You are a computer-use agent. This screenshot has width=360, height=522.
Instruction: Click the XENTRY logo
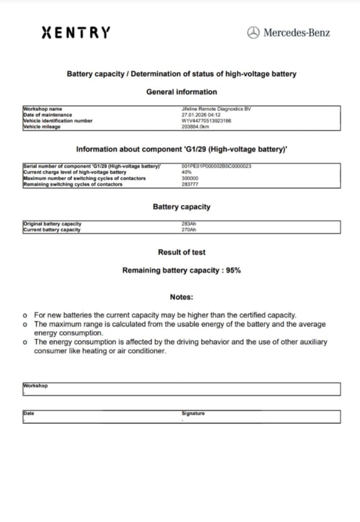click(76, 32)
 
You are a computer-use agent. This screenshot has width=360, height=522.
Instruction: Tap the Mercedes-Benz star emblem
click(253, 33)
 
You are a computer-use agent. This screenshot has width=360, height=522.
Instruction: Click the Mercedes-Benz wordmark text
click(296, 33)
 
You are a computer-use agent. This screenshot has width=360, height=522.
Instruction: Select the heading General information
click(181, 92)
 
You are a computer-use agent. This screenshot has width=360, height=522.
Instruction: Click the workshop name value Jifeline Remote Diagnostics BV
click(216, 109)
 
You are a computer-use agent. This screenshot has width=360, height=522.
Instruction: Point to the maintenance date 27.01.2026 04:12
click(201, 115)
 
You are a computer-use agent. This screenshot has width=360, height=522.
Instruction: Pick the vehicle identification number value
click(206, 121)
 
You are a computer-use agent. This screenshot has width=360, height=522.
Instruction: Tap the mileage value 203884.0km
click(195, 126)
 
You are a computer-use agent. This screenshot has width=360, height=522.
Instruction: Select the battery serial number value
click(216, 166)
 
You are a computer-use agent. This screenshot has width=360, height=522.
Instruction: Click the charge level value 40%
click(186, 172)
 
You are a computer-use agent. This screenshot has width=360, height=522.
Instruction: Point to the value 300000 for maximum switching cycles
click(190, 178)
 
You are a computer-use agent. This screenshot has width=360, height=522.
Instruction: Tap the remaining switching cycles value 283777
click(190, 184)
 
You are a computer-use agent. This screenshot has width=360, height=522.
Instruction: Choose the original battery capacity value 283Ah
click(189, 224)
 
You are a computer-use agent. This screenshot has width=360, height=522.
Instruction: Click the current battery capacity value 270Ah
click(189, 230)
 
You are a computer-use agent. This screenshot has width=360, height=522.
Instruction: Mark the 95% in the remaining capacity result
click(233, 270)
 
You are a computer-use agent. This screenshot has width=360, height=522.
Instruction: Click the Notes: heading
click(181, 297)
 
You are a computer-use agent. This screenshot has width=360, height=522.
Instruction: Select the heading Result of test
click(181, 252)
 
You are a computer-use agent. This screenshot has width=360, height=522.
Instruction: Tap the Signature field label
click(193, 413)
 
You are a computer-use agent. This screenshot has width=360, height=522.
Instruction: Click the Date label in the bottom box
click(28, 413)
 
